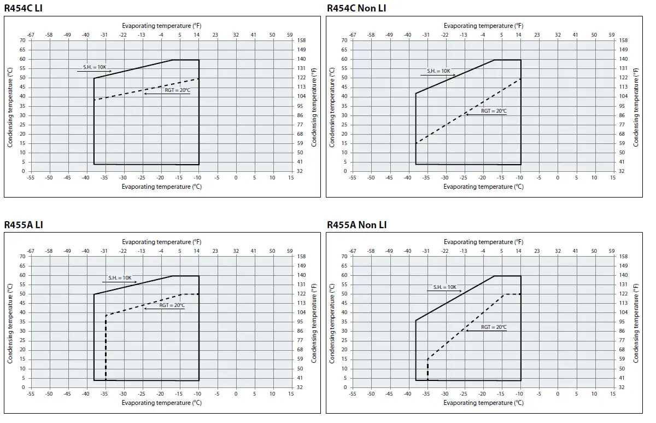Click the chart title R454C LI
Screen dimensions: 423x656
coord(23,8)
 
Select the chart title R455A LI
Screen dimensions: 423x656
coord(23,225)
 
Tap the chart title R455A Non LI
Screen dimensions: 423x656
coord(356,225)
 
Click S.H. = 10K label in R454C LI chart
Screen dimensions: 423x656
coord(97,67)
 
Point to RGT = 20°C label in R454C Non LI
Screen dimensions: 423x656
coord(494,111)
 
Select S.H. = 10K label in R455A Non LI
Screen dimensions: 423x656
coord(444,287)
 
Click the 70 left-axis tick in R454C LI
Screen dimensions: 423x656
coord(23,40)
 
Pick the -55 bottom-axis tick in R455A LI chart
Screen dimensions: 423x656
coord(30,394)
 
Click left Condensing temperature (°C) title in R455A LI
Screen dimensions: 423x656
coord(10,323)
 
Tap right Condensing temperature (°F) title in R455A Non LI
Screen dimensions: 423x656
coord(636,323)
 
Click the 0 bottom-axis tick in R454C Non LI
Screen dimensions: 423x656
coord(558,178)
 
